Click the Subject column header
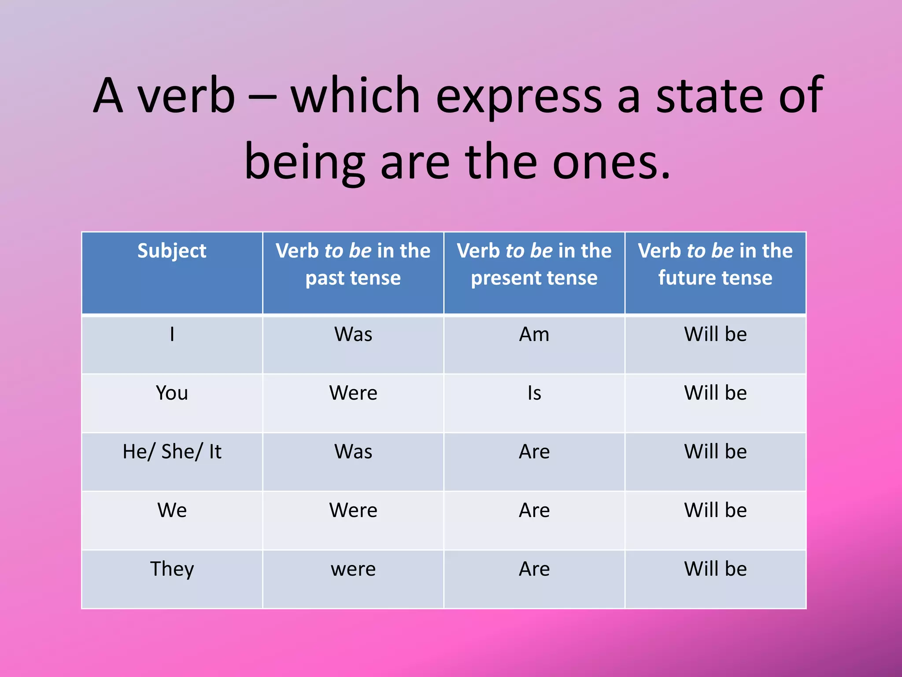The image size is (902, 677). (172, 251)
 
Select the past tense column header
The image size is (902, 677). (353, 264)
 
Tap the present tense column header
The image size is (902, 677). (534, 264)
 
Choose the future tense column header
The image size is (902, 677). (715, 264)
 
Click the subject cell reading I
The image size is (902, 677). (172, 334)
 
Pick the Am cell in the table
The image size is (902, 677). (534, 334)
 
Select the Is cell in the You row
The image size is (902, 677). (534, 393)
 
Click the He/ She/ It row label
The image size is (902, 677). (172, 451)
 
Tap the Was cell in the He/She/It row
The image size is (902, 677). (353, 451)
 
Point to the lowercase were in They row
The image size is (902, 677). (353, 569)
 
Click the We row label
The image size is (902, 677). (172, 510)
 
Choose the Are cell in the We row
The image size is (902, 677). (534, 510)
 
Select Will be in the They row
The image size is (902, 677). (715, 569)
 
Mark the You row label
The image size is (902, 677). (172, 393)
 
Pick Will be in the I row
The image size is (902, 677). (715, 334)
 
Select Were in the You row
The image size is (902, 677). (353, 393)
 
